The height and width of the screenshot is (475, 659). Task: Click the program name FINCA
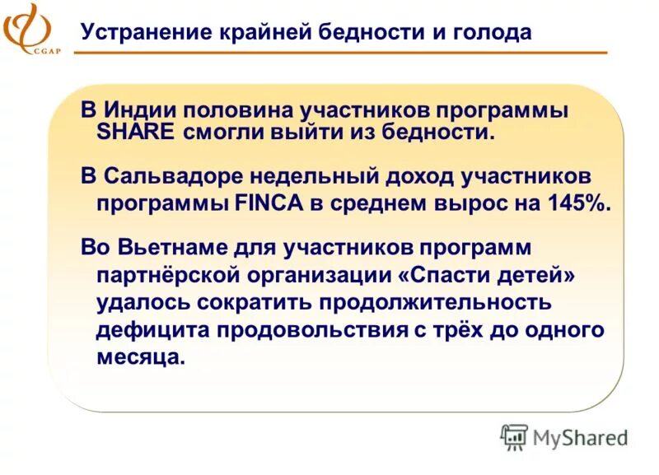click(266, 203)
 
